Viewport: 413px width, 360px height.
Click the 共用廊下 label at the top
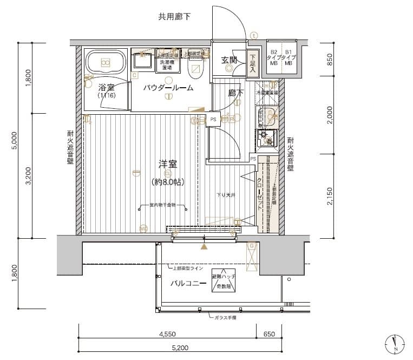coord(174,17)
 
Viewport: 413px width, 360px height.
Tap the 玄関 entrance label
coord(229,60)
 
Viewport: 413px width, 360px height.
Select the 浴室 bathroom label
coord(106,87)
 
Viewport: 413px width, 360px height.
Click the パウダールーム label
coord(168,88)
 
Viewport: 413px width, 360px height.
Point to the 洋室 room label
coord(168,164)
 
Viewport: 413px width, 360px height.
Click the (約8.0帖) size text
coord(168,182)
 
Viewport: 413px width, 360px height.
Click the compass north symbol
coord(395,343)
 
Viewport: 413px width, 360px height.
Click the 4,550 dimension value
coord(167,335)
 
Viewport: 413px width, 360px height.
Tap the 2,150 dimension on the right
coord(330,195)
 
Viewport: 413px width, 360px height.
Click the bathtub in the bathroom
coord(106,63)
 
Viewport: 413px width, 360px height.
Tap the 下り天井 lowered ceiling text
coord(226,195)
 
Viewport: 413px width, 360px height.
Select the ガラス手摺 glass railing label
coord(225,318)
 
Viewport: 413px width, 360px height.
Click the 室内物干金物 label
coord(168,206)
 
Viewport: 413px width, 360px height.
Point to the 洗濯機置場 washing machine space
coord(167,66)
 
